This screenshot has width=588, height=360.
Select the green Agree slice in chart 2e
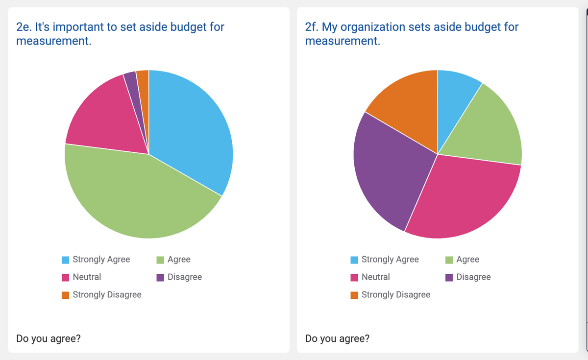137,196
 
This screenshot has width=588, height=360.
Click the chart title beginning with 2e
120,33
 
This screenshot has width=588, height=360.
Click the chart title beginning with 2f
412,33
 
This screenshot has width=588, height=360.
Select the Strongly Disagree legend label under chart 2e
107,294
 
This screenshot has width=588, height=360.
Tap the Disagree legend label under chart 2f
473,277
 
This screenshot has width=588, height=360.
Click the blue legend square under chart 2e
65,260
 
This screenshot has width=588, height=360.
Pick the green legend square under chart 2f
449,260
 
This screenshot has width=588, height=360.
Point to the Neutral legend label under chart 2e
87,277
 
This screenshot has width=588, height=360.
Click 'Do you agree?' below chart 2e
49,338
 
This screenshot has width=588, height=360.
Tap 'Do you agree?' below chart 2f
337,338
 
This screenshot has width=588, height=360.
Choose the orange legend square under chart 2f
354,295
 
